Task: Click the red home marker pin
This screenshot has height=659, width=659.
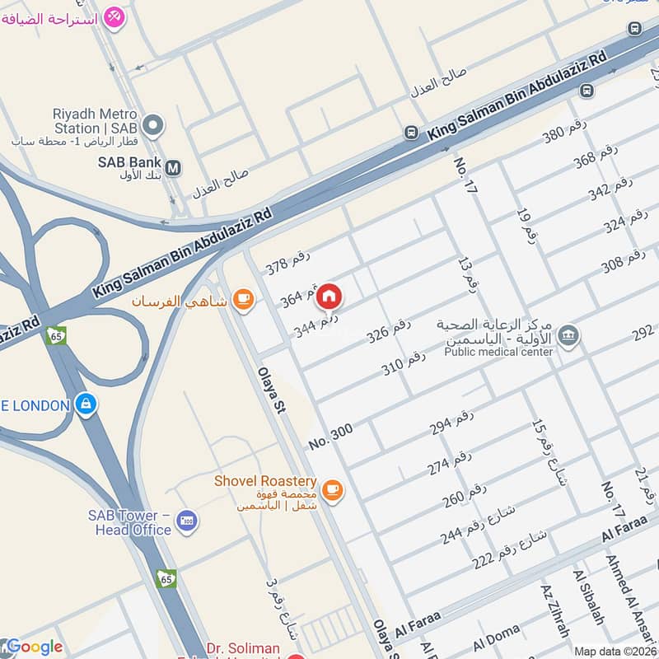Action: (329, 296)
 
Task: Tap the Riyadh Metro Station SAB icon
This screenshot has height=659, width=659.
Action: (153, 126)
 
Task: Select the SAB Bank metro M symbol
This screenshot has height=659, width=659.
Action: (173, 168)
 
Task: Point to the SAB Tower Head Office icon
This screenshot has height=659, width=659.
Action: (187, 521)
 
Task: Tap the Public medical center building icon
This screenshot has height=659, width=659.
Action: (568, 336)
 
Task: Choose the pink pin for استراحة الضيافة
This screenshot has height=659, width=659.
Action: (115, 16)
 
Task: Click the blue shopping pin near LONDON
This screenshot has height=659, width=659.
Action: (85, 404)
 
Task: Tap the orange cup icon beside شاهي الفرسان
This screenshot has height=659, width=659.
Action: (242, 301)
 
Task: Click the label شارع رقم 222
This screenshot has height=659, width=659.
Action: (508, 548)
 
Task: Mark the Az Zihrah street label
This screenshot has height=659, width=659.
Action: (555, 610)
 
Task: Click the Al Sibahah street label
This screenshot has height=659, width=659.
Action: (589, 596)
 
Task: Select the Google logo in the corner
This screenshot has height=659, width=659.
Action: (32, 647)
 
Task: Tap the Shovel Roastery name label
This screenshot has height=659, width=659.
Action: (265, 480)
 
